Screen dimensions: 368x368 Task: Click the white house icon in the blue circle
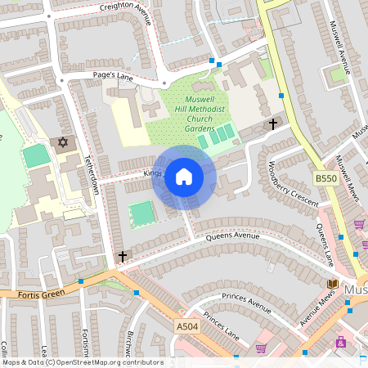tap(184, 177)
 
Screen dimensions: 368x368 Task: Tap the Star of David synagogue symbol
tap(61, 143)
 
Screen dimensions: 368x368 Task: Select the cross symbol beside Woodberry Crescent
tap(273, 124)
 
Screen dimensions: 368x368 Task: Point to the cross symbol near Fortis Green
tap(123, 257)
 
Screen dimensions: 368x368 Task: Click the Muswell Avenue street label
tap(339, 46)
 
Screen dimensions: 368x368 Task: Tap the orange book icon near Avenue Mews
tap(331, 284)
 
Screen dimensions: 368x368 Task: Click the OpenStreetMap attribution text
tap(82, 362)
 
